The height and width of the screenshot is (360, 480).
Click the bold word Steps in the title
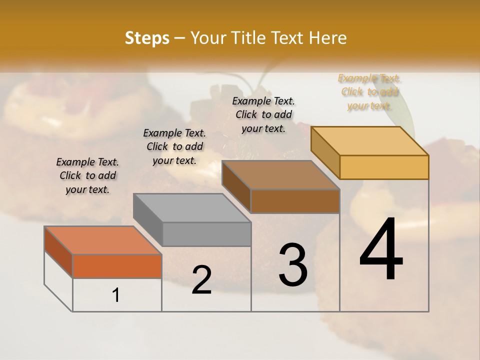[x=147, y=38]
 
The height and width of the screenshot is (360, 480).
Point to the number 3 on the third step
[x=293, y=264]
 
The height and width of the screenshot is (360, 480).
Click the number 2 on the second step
[x=201, y=280]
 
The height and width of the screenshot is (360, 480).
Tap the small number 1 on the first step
[x=116, y=295]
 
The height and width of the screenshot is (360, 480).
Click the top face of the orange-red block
[x=103, y=240]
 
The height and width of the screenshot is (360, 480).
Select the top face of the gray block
[x=192, y=207]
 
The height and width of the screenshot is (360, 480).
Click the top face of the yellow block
[x=370, y=141]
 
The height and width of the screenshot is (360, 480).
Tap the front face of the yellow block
[x=384, y=167]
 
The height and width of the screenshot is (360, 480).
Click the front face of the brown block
[x=295, y=201]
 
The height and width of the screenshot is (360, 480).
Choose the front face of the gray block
[x=206, y=234]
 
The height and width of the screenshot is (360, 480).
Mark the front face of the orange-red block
[x=117, y=266]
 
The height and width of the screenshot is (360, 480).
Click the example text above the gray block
[x=174, y=146]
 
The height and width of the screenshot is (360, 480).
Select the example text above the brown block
[x=263, y=114]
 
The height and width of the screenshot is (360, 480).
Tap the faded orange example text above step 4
[x=369, y=91]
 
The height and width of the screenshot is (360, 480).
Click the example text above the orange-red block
[x=87, y=175]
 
